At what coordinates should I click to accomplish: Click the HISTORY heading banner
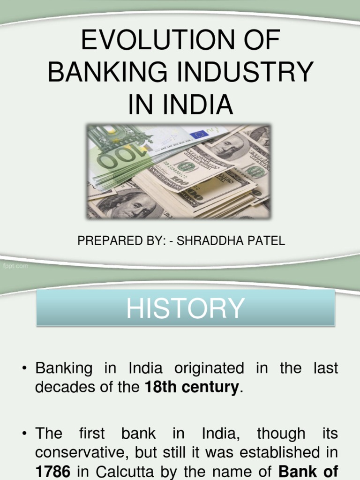pos(186,308)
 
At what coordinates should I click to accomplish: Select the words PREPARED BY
pos(113,241)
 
